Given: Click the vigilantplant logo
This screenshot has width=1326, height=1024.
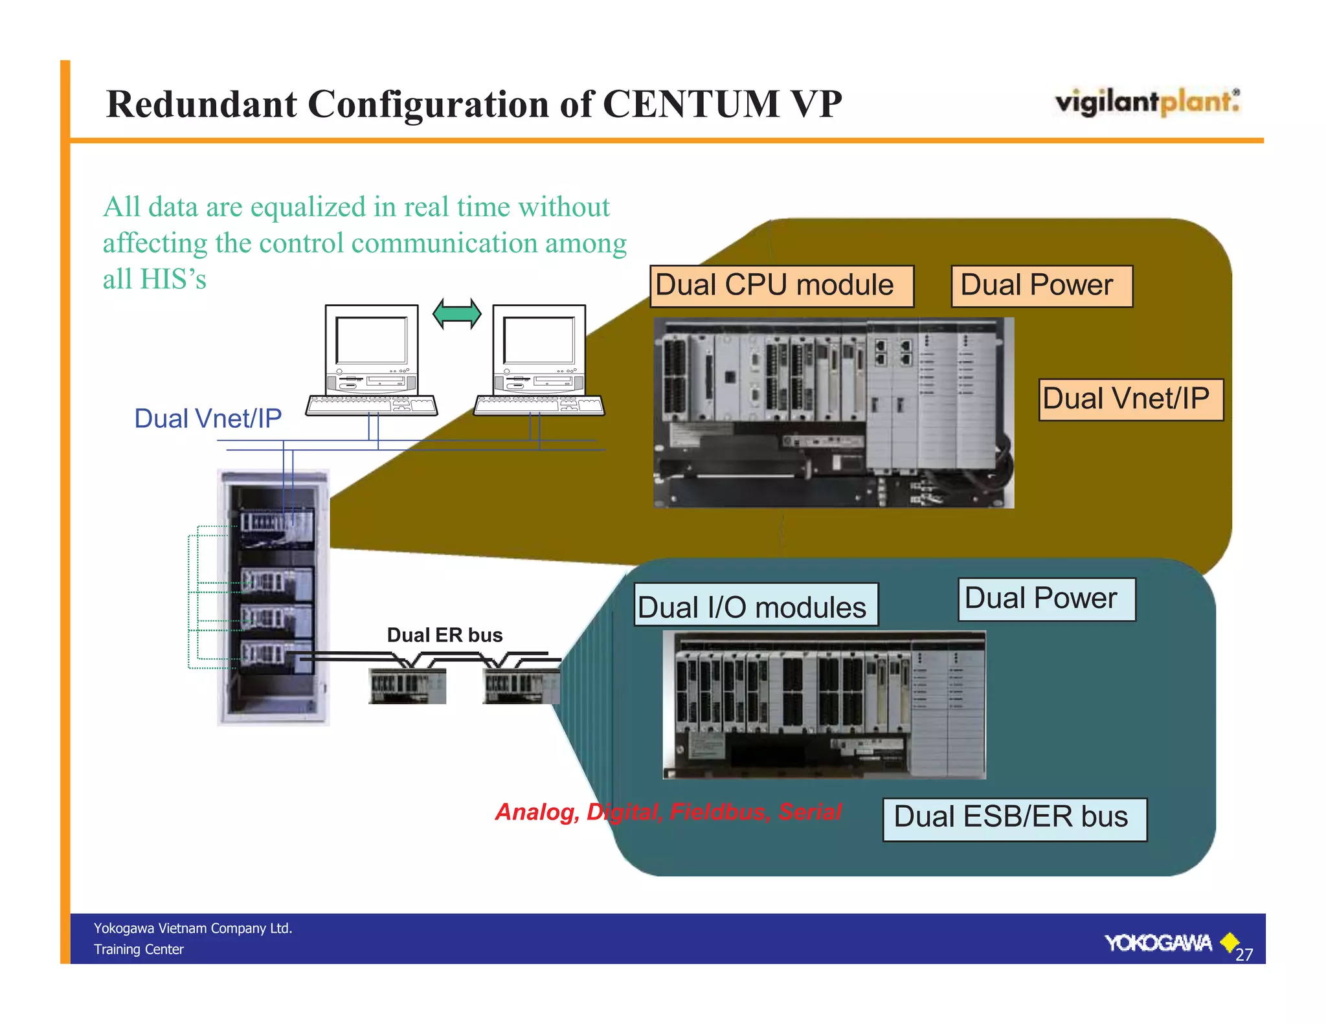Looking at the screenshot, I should tap(1147, 102).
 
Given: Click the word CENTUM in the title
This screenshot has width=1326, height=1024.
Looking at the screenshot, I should tap(690, 104).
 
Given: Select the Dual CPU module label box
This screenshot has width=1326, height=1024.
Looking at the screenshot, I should tap(781, 285).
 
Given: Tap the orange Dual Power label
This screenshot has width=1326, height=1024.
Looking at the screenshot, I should tap(1041, 285).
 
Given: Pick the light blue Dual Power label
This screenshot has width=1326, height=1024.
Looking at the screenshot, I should tap(1046, 599).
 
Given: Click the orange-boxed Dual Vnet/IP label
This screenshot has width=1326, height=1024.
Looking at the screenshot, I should tap(1130, 399).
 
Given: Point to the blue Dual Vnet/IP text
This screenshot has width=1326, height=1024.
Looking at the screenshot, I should tap(208, 419).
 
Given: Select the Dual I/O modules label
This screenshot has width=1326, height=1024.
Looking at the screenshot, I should tap(756, 606).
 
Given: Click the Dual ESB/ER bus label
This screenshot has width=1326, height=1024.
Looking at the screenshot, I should tap(1014, 818).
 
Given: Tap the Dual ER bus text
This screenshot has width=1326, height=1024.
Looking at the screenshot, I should tap(445, 635).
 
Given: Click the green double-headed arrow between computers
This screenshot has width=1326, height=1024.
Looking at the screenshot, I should tap(456, 314).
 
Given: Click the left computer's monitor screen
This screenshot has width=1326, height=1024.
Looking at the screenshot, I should tap(371, 340).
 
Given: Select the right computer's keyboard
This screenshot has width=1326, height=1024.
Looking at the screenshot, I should tap(539, 406).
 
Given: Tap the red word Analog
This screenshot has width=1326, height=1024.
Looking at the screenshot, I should tap(537, 812).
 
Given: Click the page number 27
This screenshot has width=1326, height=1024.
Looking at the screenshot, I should tap(1244, 954).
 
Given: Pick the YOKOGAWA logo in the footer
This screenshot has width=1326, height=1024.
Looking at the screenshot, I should tap(1158, 943).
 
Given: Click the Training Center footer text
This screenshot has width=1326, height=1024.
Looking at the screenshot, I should tap(139, 950).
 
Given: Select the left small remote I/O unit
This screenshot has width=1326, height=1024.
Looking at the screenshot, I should tap(407, 686).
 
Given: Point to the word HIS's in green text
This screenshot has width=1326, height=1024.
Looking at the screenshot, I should tap(173, 280).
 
